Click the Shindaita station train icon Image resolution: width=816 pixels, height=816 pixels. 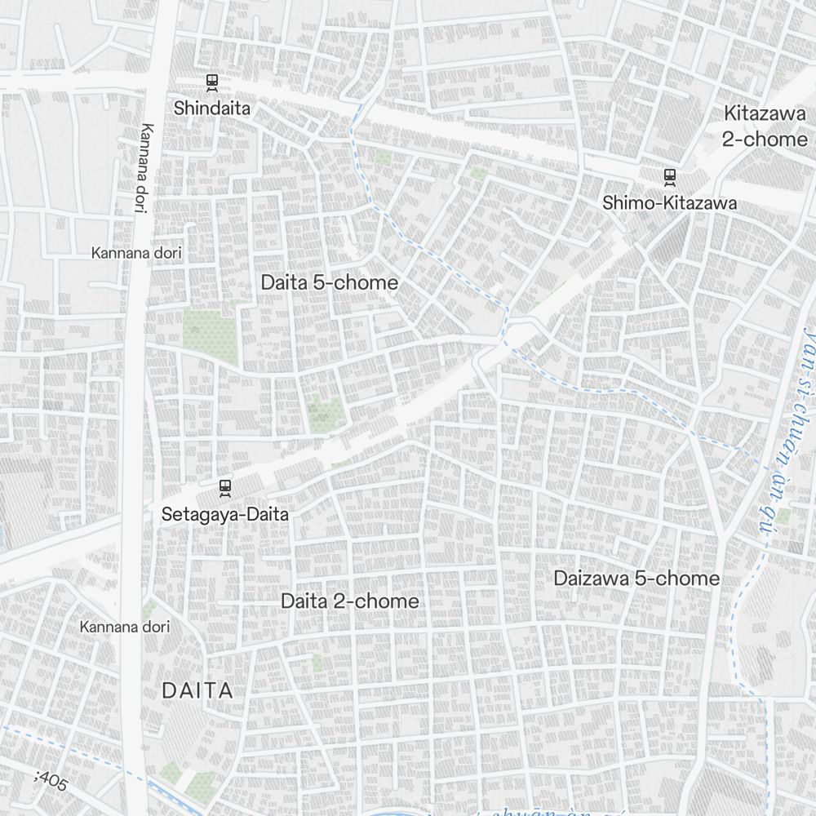[212, 82]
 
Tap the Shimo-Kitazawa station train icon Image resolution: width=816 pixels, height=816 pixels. [670, 176]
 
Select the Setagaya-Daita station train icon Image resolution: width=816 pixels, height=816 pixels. [225, 488]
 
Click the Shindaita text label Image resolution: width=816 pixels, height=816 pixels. [212, 108]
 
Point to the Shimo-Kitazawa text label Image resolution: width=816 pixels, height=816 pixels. [669, 203]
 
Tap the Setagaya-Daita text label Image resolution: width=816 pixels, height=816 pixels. [224, 515]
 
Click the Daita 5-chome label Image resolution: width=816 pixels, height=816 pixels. [330, 283]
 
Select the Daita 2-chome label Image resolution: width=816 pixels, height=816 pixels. [349, 601]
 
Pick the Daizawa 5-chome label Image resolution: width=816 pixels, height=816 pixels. [636, 579]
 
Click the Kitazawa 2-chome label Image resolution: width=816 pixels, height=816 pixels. [765, 126]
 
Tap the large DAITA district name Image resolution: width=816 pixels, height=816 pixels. [197, 690]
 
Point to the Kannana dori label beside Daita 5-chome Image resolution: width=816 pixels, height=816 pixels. [136, 253]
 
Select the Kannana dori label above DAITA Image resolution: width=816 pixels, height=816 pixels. [125, 627]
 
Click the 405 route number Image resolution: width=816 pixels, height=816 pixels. [52, 781]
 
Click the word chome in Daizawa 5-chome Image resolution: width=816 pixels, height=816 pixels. [686, 579]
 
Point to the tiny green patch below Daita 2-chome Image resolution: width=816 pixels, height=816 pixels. [317, 663]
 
